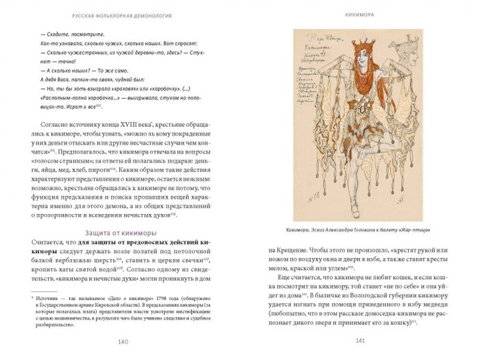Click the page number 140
tap(123, 342)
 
